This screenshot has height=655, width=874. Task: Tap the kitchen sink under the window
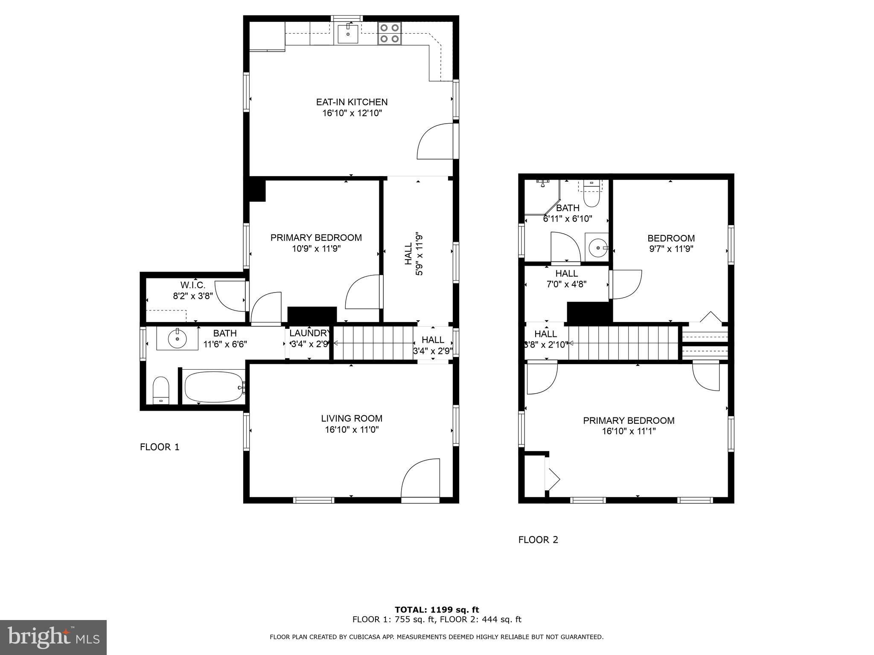pos(348,34)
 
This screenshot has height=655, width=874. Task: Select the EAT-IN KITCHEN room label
pos(352,102)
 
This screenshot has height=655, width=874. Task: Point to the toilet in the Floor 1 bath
pos(161,389)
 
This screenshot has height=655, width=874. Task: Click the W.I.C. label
pos(193,285)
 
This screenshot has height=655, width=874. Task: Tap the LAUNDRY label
pos(309,333)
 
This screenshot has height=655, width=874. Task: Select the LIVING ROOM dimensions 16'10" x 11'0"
pos(352,430)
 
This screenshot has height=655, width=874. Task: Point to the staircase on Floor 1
pos(373,343)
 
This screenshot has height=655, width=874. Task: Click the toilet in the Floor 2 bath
pos(591,194)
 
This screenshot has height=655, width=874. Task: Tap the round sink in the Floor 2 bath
pos(597,247)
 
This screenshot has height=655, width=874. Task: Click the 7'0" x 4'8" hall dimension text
pos(567,284)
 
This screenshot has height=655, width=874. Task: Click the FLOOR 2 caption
pos(538,540)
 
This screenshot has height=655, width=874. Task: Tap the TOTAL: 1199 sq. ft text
pos(437,610)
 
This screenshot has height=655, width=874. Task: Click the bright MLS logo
pos(53,637)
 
